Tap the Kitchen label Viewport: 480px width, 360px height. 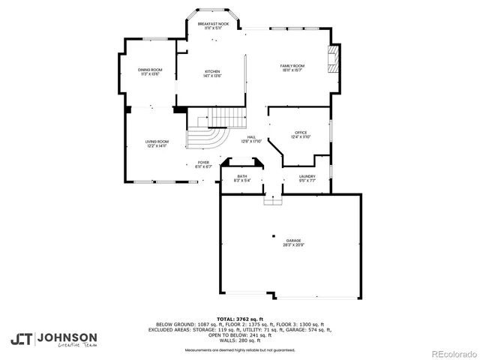pos(212,73)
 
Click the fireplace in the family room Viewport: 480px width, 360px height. pos(334,59)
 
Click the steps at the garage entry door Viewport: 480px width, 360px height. pos(272,199)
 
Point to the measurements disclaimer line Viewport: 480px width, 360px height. pos(240,350)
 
